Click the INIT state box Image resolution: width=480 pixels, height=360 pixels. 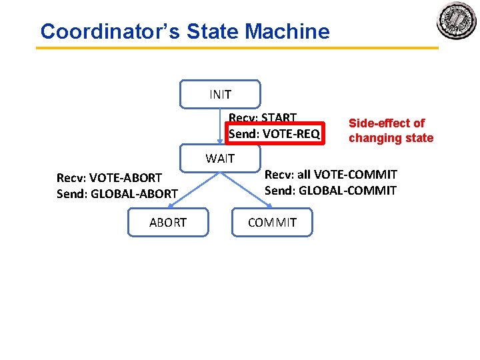220,94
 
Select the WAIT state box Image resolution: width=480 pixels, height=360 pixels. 220,159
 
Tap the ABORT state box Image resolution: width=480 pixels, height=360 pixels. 168,223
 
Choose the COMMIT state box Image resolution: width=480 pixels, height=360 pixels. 272,223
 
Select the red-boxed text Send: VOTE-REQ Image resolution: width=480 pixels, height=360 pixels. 274,134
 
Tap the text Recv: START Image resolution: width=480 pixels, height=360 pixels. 263,118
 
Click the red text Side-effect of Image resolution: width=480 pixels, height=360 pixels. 387,123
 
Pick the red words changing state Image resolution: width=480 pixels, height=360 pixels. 391,138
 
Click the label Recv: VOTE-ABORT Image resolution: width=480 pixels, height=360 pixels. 109,178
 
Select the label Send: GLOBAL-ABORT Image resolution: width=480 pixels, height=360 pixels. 117,194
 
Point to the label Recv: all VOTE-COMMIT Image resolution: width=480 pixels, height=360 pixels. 331,175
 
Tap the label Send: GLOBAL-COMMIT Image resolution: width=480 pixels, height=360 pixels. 331,191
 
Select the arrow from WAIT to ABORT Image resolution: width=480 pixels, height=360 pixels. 193,190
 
